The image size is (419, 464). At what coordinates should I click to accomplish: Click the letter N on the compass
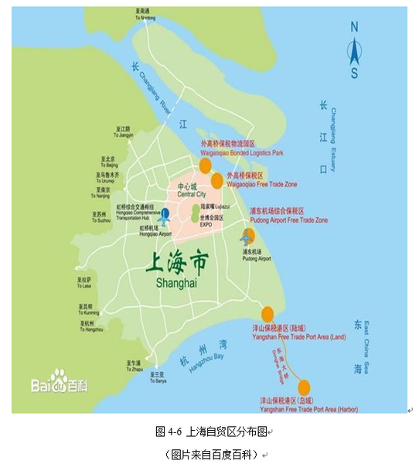click(x=355, y=26)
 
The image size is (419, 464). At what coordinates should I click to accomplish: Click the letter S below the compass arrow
click(x=354, y=73)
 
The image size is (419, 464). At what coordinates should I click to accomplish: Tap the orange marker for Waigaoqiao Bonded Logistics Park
click(x=205, y=165)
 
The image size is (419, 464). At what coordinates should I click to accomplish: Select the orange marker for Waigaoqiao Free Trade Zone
click(x=217, y=181)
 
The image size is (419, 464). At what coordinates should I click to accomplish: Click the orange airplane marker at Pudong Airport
click(x=247, y=237)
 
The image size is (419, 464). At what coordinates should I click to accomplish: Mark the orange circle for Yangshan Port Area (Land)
click(x=267, y=314)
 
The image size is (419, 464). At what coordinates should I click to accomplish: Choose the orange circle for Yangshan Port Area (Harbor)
click(x=304, y=386)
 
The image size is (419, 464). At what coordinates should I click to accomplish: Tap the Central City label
click(x=187, y=192)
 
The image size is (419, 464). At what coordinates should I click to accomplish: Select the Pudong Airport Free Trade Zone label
click(x=288, y=220)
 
